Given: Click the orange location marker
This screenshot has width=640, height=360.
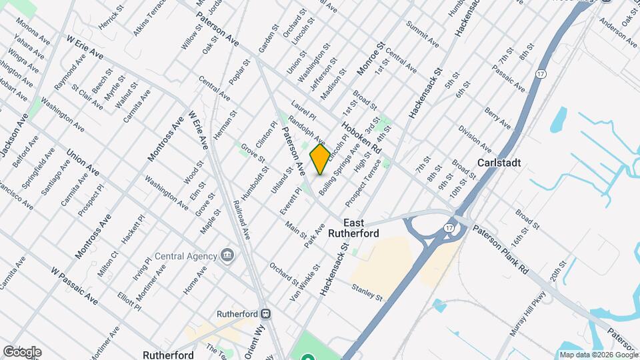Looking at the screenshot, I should [x=320, y=159].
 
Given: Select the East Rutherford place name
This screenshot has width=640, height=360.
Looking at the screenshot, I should [x=361, y=228].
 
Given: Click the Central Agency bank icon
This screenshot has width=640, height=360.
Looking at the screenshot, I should [x=227, y=255].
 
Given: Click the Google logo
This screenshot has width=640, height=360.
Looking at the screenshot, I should [x=22, y=352].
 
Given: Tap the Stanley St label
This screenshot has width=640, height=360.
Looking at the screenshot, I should [x=367, y=291].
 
